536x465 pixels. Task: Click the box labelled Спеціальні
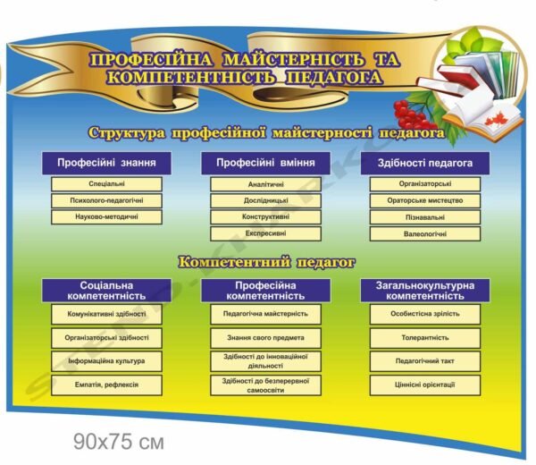click(x=107, y=184)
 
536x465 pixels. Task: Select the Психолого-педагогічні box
click(x=107, y=200)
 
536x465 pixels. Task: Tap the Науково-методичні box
click(x=107, y=216)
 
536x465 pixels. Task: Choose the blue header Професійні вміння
click(x=265, y=164)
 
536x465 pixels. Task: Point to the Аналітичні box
click(x=265, y=184)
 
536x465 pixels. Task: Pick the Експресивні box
click(x=265, y=233)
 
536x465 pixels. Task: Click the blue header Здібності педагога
click(x=425, y=164)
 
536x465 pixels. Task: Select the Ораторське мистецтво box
click(x=425, y=200)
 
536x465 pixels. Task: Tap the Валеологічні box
click(x=425, y=233)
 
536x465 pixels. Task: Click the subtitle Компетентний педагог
click(x=267, y=263)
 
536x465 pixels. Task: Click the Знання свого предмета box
click(x=265, y=338)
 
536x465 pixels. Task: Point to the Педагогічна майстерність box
click(x=265, y=314)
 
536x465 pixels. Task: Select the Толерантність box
click(x=425, y=338)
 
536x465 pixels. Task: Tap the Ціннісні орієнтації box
click(x=425, y=385)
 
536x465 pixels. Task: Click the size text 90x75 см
click(x=121, y=442)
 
